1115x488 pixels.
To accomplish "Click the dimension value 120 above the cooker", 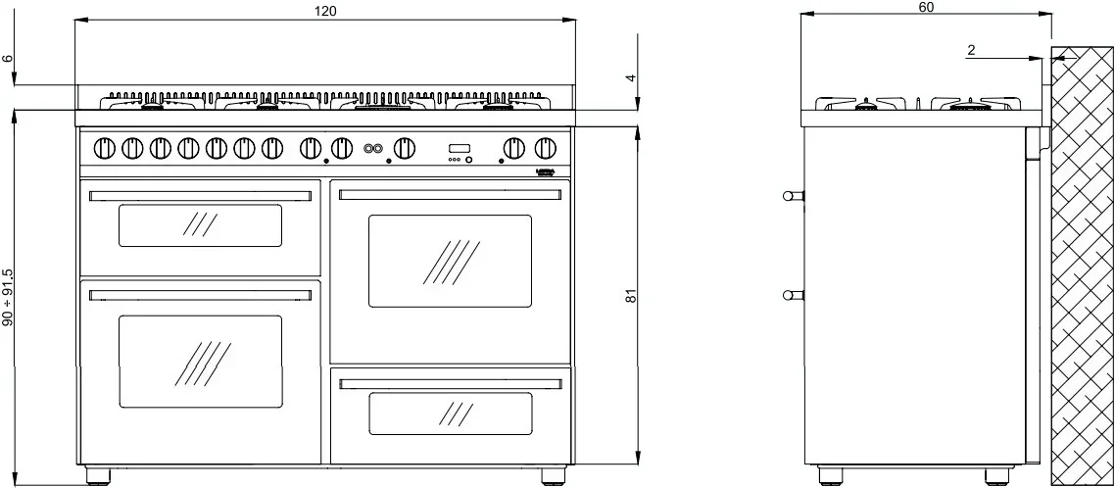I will coord(325,11).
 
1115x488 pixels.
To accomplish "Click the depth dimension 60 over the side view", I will coord(927,7).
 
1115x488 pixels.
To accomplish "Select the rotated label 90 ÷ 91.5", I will coord(9,297).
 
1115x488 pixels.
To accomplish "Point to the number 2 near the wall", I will coord(971,50).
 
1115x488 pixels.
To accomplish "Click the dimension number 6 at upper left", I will coord(9,60).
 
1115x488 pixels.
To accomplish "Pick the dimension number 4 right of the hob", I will coord(632,77).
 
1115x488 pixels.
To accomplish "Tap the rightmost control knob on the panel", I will coord(546,148).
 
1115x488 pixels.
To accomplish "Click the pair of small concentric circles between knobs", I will coord(371,149).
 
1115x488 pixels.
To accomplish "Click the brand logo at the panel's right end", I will coord(547,171).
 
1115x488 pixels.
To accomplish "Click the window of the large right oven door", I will coord(450,261).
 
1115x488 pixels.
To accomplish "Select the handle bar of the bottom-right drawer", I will coord(450,380).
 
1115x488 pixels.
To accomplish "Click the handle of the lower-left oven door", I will coord(200,293).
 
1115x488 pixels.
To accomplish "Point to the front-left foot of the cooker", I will coord(98,475).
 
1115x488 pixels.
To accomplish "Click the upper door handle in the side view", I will coord(793,196).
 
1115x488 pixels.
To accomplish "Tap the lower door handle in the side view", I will coord(793,294).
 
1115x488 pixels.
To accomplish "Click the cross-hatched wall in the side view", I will coord(1082,265).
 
